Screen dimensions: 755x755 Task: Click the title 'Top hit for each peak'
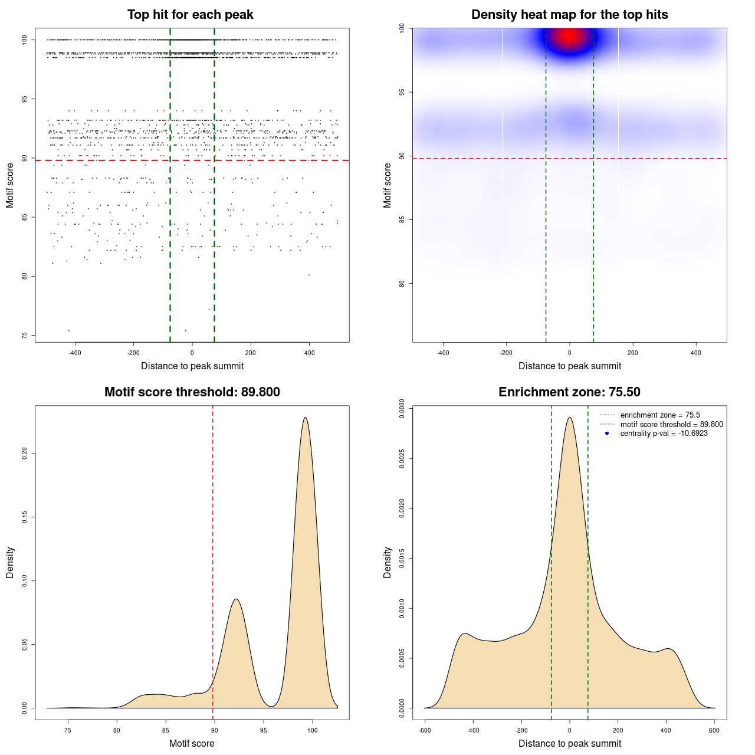pyautogui.click(x=191, y=15)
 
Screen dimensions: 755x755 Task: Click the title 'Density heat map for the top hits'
pyautogui.click(x=569, y=15)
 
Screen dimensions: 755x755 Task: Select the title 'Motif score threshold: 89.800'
pyautogui.click(x=192, y=392)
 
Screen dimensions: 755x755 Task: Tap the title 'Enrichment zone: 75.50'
pyautogui.click(x=569, y=392)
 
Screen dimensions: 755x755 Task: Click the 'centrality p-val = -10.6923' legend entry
pyautogui.click(x=664, y=434)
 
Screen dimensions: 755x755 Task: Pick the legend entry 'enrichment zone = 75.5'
pyautogui.click(x=660, y=415)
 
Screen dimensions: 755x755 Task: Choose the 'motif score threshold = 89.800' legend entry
pyautogui.click(x=671, y=424)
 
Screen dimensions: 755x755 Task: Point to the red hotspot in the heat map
pyautogui.click(x=569, y=37)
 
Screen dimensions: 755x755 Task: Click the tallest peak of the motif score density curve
pyautogui.click(x=305, y=418)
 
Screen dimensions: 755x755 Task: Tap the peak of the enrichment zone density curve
pyautogui.click(x=569, y=418)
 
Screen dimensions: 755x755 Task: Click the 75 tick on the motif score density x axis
pyautogui.click(x=68, y=731)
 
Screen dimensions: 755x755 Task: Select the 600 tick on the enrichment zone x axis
pyautogui.click(x=714, y=731)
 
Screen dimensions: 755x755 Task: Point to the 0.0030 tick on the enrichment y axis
pyautogui.click(x=402, y=409)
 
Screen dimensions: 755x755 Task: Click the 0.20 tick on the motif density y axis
pyautogui.click(x=24, y=453)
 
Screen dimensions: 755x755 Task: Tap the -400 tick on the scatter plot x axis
pyautogui.click(x=75, y=353)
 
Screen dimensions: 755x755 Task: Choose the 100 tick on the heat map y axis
pyautogui.click(x=402, y=28)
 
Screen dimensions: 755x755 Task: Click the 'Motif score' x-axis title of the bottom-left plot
pyautogui.click(x=192, y=743)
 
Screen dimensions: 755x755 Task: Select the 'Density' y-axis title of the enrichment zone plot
pyautogui.click(x=388, y=562)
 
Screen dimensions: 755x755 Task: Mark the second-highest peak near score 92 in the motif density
pyautogui.click(x=236, y=599)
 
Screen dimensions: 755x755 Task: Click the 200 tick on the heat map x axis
pyautogui.click(x=633, y=353)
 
